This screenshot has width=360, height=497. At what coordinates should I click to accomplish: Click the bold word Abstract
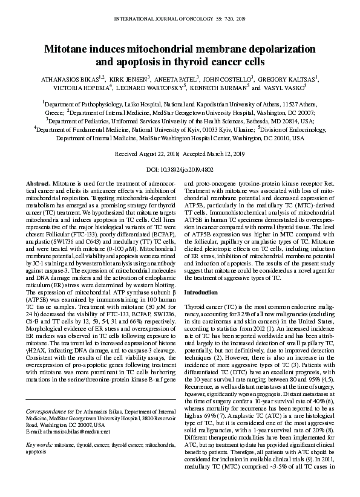(39, 183)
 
